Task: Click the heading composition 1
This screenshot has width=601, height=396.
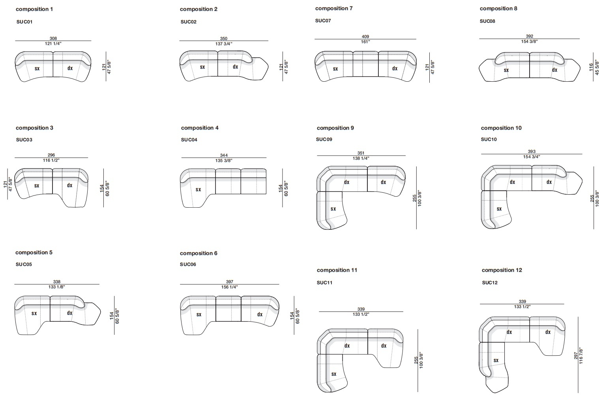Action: [34, 9]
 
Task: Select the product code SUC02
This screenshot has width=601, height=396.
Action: [188, 22]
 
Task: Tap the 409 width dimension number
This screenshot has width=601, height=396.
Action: [365, 36]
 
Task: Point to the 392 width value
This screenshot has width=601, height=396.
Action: [529, 36]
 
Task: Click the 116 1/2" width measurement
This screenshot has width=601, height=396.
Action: [51, 160]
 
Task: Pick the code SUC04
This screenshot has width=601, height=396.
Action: [189, 140]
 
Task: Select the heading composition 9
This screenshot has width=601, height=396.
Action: [335, 128]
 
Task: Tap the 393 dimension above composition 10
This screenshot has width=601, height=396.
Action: [532, 152]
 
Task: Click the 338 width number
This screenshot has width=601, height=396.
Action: [56, 282]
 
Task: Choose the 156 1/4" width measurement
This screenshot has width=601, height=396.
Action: [229, 287]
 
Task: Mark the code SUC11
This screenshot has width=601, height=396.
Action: [324, 282]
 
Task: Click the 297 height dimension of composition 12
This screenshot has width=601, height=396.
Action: [576, 355]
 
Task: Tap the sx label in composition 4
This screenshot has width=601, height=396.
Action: [198, 190]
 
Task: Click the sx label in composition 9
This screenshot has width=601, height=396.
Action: [333, 208]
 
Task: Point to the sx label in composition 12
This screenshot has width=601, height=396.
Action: [496, 360]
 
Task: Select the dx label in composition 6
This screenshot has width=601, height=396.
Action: [260, 314]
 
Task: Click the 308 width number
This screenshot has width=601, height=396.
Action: [53, 38]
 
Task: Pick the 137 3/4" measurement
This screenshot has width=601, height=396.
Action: [223, 44]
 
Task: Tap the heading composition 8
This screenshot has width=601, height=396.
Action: [498, 9]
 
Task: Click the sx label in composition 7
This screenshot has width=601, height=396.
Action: [335, 69]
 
